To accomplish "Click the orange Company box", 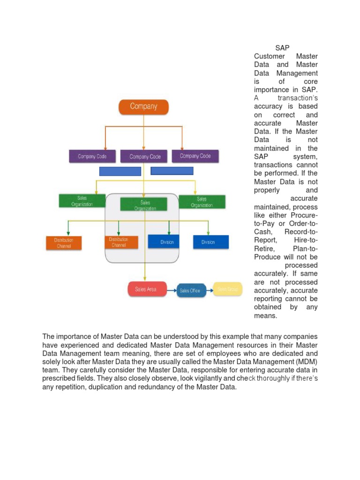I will click(143, 107).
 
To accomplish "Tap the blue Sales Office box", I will click(189, 291).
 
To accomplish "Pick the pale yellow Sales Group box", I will click(228, 290).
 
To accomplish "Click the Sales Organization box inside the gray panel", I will click(144, 205).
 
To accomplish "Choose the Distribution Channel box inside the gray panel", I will click(121, 242).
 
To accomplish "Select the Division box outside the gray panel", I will click(210, 242).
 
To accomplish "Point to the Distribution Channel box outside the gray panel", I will click(64, 243).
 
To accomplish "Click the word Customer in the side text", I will click(270, 56).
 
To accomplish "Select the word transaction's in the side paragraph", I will click(298, 98).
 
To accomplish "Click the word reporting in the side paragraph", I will click(269, 299).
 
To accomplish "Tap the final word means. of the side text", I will click(266, 315).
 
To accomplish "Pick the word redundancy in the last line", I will click(168, 387).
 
